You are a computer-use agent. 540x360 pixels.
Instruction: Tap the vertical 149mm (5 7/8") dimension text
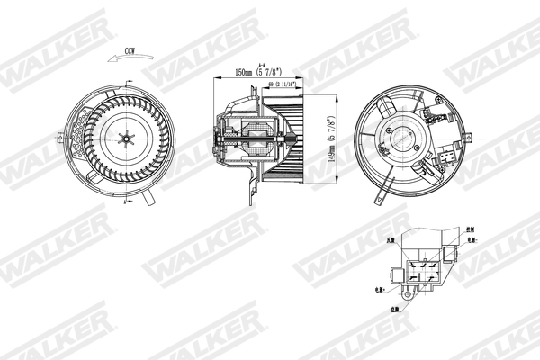tap(332, 137)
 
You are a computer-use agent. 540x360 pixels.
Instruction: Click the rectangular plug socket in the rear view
tap(447, 160)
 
